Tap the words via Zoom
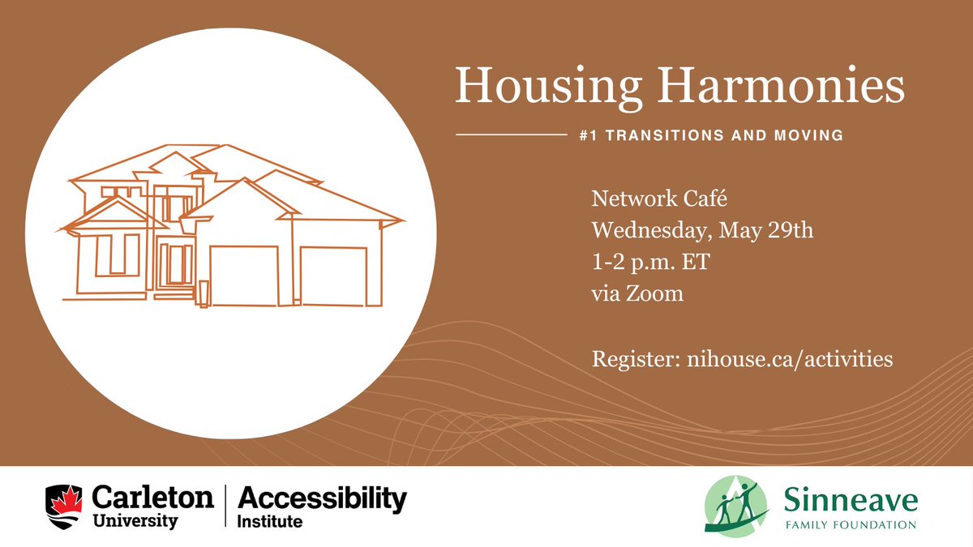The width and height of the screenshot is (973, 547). point(637,293)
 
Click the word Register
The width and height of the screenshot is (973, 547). point(633,359)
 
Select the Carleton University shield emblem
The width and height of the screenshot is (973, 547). point(65,506)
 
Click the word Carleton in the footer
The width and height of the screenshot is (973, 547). point(153,498)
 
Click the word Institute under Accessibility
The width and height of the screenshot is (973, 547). point(269,522)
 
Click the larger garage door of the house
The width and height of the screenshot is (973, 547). point(244,276)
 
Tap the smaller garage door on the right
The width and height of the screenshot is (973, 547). point(333,276)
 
